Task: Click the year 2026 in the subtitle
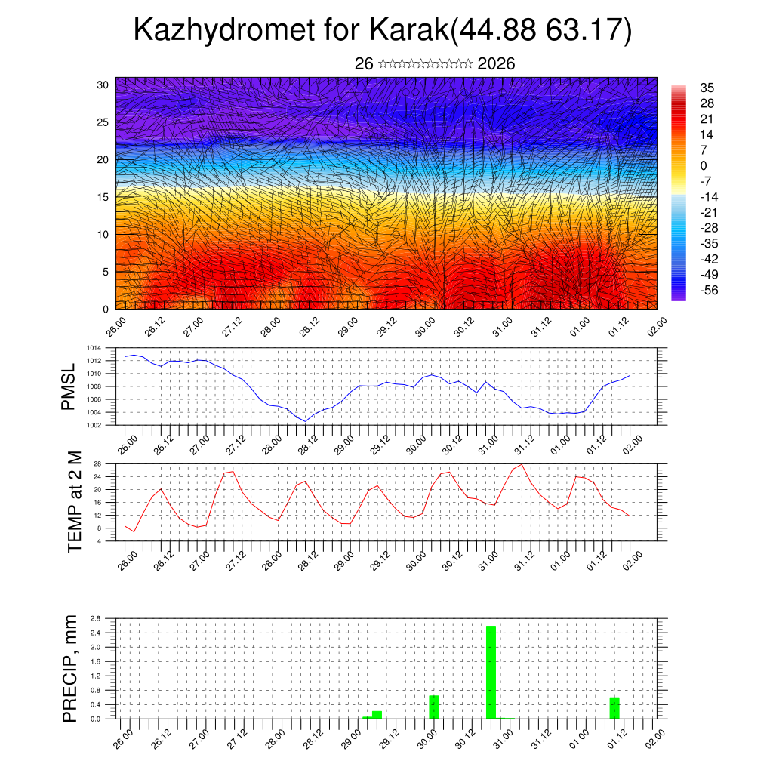tap(496, 64)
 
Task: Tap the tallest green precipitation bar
tap(491, 672)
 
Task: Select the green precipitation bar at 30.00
tap(434, 707)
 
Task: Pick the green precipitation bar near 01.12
tap(614, 708)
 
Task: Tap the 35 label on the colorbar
tap(707, 88)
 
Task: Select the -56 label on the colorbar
tap(709, 290)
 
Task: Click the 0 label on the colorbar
tap(704, 165)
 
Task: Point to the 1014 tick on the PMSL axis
tap(94, 348)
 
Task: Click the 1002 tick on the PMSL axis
tap(94, 425)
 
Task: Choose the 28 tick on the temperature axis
tap(97, 463)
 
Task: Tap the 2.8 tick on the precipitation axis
tap(96, 618)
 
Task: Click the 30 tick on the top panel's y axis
tap(102, 85)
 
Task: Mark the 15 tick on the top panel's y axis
tap(102, 197)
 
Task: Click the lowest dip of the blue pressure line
tap(305, 420)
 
